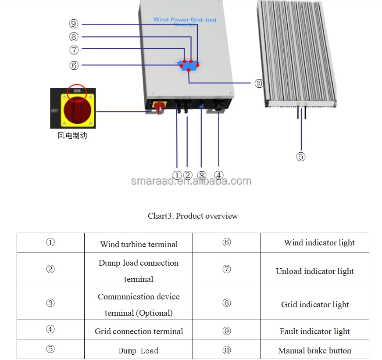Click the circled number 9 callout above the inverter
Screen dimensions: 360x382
(x=74, y=24)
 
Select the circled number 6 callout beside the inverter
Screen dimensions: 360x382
(x=74, y=65)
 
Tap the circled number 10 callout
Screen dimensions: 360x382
(x=259, y=83)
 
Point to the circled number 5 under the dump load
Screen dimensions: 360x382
(x=301, y=157)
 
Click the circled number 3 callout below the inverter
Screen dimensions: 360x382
(x=202, y=176)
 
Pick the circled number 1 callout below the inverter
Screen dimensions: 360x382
(x=177, y=176)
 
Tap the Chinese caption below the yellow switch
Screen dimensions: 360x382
(x=72, y=136)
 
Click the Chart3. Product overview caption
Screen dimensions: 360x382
(x=193, y=216)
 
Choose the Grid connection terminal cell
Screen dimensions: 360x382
(x=139, y=331)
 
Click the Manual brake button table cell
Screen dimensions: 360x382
(x=314, y=351)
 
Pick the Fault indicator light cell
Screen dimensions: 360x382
(x=314, y=331)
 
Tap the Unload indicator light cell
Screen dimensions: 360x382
(x=314, y=271)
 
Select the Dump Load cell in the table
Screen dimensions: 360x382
(x=139, y=351)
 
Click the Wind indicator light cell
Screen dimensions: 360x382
(x=319, y=243)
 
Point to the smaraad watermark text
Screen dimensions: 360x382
(x=191, y=181)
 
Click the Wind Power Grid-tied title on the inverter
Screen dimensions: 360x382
(x=184, y=20)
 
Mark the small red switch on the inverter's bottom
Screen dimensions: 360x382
(x=159, y=107)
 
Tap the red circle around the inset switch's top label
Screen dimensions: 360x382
(x=78, y=91)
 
